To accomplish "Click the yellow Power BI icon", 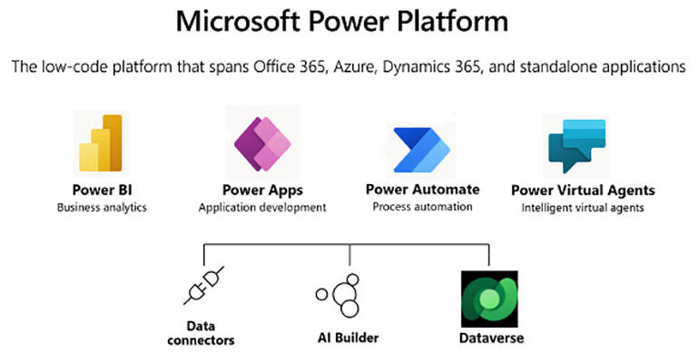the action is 101,143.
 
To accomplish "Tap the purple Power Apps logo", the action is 262,144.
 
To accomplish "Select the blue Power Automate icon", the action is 422,150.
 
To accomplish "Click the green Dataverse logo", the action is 489,299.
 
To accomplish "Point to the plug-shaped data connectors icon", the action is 203,286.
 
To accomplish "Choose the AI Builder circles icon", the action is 338,295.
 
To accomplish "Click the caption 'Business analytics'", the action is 102,208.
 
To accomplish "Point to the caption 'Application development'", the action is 262,208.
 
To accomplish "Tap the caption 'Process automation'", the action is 423,207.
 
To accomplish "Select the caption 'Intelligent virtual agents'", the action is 583,208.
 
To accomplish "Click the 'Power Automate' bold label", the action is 423,190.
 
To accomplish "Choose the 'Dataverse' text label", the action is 491,338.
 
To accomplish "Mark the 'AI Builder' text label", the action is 349,338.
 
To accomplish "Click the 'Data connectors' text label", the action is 201,333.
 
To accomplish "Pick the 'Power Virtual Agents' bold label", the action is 583,191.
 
